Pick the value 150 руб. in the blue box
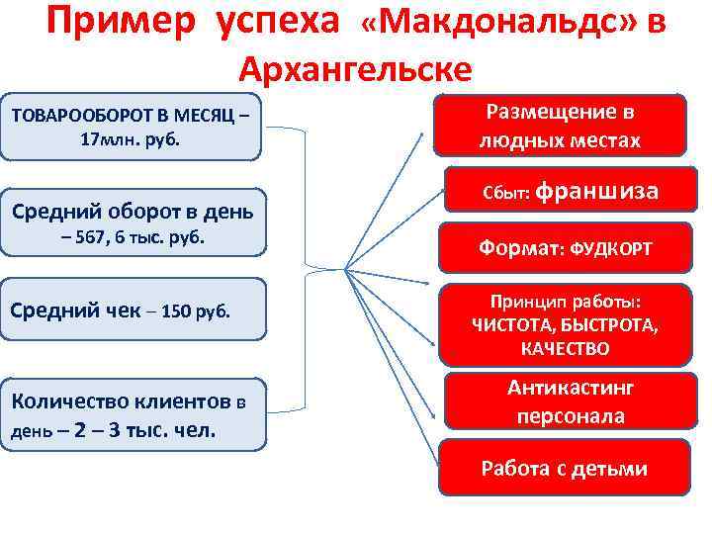tap(193, 311)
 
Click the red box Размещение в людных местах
tap(560, 126)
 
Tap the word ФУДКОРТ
tap(608, 249)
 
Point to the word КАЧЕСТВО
tap(564, 349)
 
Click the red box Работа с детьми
tap(564, 468)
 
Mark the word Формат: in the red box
tap(516, 249)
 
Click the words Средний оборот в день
tap(132, 211)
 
